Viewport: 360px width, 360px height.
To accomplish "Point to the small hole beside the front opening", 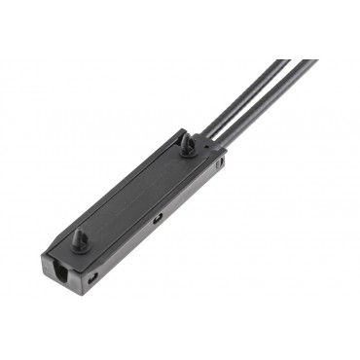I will pos(92,277).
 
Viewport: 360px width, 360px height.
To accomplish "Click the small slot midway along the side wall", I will pos(157,219).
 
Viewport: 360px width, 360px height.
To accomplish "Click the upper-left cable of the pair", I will pos(243,97).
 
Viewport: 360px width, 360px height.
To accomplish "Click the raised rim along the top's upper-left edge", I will pos(117,185).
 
